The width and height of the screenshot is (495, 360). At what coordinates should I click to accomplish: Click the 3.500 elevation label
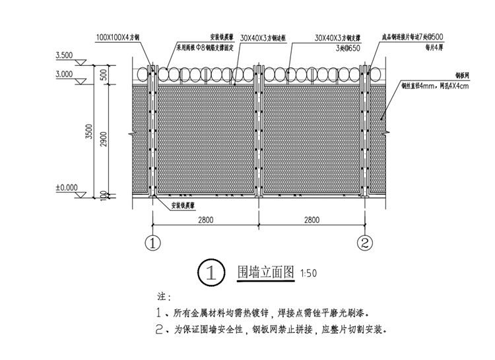pos(65,55)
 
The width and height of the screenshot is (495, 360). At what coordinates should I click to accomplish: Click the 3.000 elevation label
pos(65,75)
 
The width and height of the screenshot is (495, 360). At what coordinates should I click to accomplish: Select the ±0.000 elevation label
pos(66,188)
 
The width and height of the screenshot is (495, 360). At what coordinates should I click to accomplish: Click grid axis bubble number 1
pos(153,243)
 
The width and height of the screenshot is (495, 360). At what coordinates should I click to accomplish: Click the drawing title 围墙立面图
pos(267,272)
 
